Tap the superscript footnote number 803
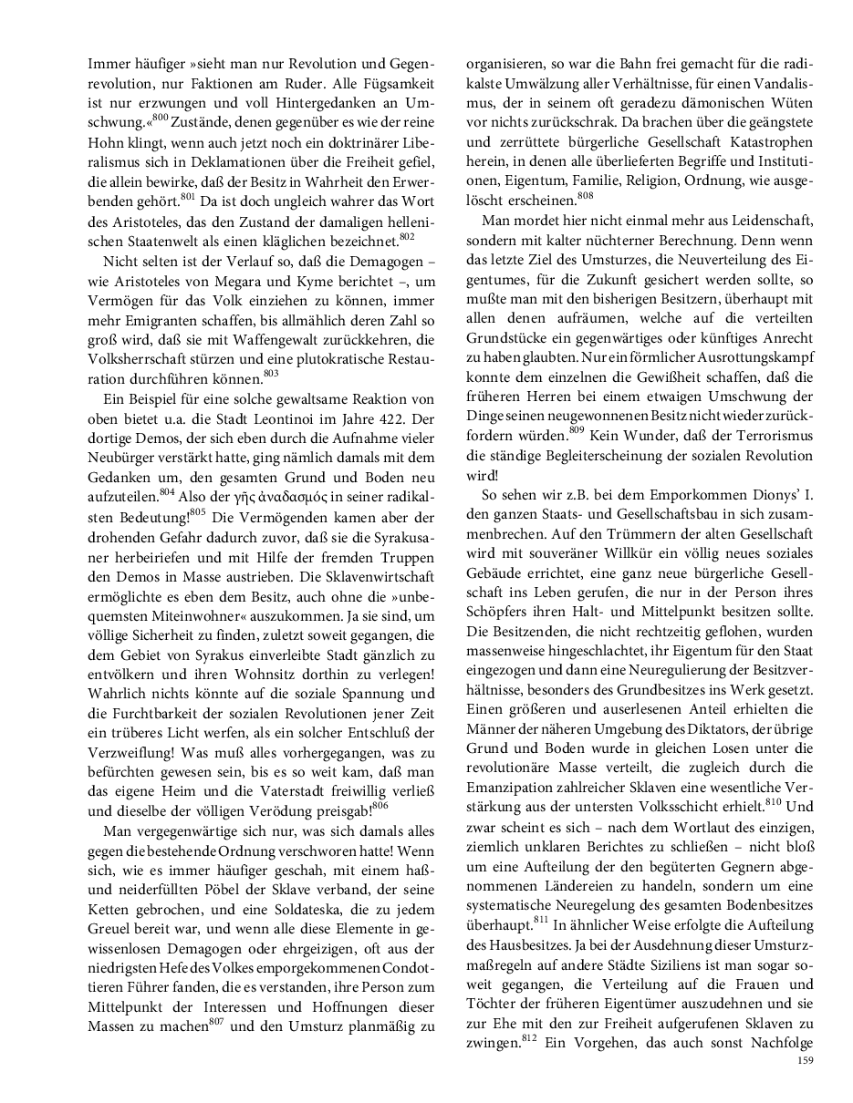[271, 347]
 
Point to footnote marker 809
[576, 429]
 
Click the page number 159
[805, 1060]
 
